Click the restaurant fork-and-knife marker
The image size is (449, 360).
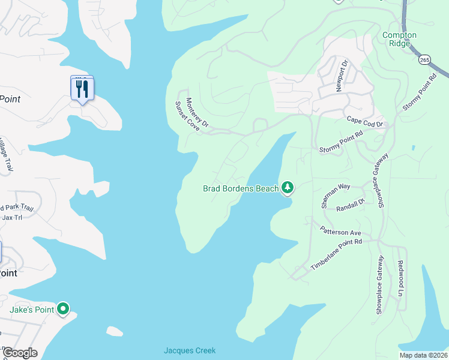(82, 89)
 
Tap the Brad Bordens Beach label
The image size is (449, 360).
(240, 188)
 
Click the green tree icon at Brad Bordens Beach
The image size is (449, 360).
(288, 188)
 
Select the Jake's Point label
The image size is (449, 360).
(31, 310)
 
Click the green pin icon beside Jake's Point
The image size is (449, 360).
(63, 310)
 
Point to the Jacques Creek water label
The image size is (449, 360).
(190, 350)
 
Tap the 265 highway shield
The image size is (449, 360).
(424, 60)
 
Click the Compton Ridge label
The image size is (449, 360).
(399, 40)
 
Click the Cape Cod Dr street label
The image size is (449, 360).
(364, 121)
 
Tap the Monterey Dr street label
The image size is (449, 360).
(197, 113)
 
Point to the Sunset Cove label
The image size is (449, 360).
(187, 116)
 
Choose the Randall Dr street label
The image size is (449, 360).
(351, 206)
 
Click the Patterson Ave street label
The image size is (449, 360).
(340, 230)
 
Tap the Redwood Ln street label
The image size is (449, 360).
(402, 281)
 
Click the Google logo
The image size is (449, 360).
(19, 353)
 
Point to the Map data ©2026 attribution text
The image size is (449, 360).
(423, 355)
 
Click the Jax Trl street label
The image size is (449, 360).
(12, 217)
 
